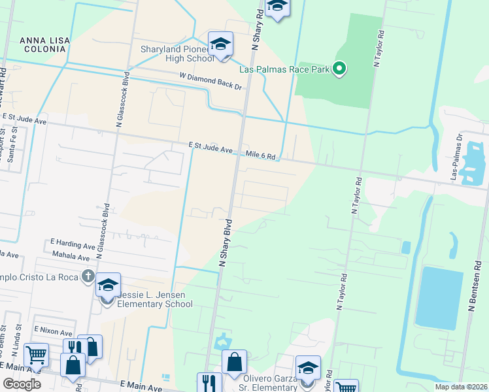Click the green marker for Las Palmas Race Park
(339, 69)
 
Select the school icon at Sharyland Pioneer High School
(221, 44)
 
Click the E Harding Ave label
(73, 246)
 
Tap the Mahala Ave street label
(75, 258)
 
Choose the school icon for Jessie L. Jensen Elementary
(108, 286)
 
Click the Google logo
(22, 384)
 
